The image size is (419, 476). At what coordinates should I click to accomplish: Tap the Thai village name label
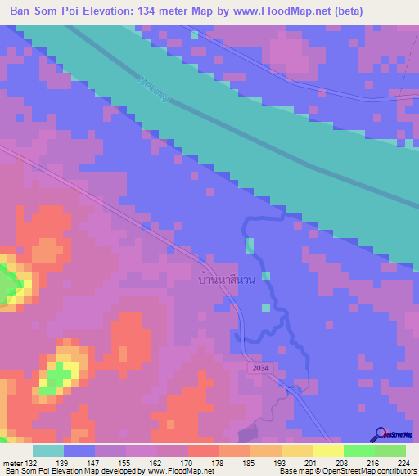click(x=228, y=280)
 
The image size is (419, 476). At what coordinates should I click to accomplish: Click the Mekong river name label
click(x=154, y=89)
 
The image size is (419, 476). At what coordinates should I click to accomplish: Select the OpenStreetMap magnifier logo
click(x=380, y=433)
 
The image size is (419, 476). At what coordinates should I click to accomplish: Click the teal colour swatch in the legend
click(x=48, y=451)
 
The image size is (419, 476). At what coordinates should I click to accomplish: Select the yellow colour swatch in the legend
click(x=327, y=451)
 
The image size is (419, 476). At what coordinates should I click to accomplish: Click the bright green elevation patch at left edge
click(x=8, y=283)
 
